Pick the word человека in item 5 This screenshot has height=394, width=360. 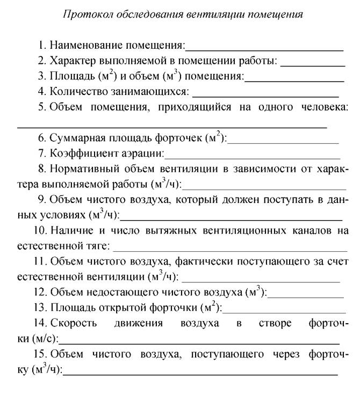322,107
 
